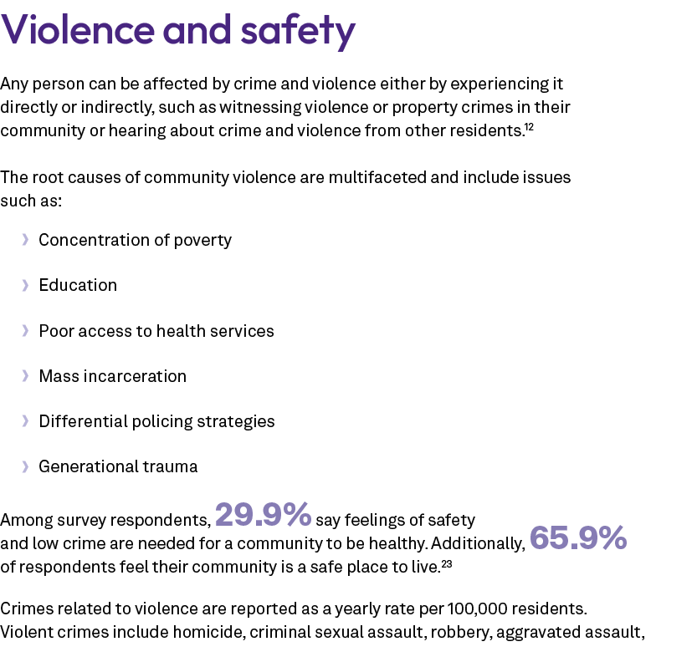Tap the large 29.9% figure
coord(264,516)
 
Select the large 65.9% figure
coord(578,539)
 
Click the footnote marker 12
coord(529,126)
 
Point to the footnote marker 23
coord(447,565)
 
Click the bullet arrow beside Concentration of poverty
coord(26,241)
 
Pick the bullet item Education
coord(78,286)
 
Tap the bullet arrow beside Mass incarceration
coord(26,376)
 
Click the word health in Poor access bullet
coord(178,331)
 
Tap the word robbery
coord(460,631)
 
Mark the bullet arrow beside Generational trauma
coord(26,466)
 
